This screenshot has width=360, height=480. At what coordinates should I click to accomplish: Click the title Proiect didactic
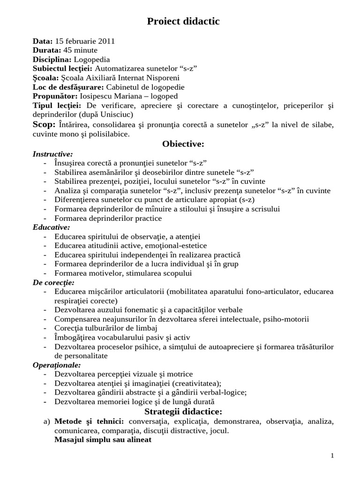[x=183, y=21]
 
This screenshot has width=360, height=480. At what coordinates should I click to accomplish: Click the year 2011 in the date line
[x=106, y=41]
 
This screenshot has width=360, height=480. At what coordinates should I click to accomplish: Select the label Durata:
[x=46, y=50]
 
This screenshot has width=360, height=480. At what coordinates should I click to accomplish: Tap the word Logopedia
[x=92, y=60]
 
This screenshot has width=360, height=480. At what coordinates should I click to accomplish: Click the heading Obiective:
[x=183, y=143]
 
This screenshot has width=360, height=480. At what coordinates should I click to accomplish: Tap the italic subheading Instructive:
[x=52, y=154]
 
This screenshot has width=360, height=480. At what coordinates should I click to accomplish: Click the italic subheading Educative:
[x=51, y=227]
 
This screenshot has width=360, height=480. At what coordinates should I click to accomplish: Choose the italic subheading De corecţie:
[x=53, y=282]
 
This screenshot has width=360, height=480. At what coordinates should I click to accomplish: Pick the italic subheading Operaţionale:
[x=57, y=365]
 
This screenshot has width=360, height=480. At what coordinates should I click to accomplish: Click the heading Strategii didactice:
[x=183, y=412]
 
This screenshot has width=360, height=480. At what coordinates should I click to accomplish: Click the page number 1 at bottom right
[x=332, y=456]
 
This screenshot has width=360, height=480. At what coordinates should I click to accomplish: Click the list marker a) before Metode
[x=46, y=422]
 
